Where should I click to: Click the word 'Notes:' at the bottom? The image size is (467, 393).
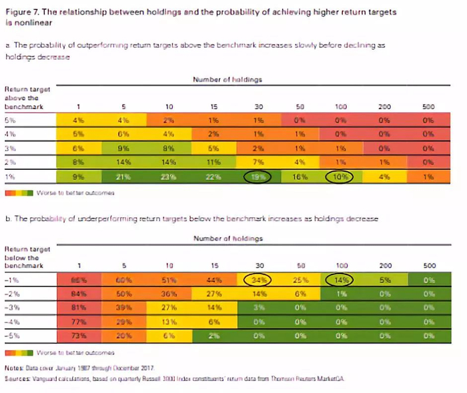click(x=13, y=366)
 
